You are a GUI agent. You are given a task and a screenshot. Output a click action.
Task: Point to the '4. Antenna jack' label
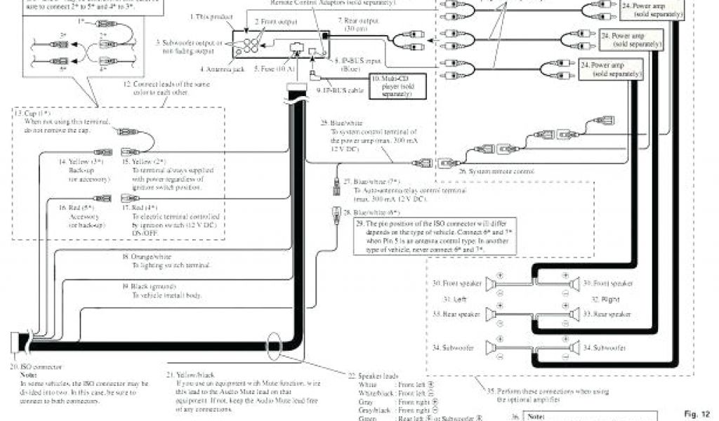point(222,69)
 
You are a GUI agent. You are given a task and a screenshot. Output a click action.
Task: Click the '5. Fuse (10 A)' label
point(275,69)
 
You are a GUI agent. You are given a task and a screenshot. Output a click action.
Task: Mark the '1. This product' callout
point(211,15)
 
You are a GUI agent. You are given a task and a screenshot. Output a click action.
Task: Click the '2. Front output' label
point(278,22)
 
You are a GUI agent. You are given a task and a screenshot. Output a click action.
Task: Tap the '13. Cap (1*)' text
point(32,113)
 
